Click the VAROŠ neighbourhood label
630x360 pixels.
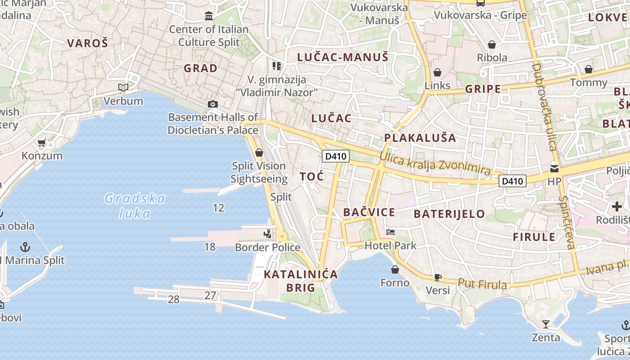click(x=88, y=43)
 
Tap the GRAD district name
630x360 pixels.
click(x=201, y=68)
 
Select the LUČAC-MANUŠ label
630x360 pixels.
click(x=342, y=57)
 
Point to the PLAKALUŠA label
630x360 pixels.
click(x=420, y=138)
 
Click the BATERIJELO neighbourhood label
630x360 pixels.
click(x=449, y=214)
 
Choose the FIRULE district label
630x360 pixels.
click(x=534, y=237)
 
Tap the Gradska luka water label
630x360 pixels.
click(x=135, y=205)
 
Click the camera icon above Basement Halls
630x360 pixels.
click(x=213, y=104)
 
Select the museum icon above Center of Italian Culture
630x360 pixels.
click(x=209, y=16)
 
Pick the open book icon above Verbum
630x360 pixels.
click(x=123, y=87)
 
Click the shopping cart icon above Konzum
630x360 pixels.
click(x=42, y=143)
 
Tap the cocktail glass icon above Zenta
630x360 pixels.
click(x=546, y=324)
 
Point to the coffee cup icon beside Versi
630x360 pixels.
click(x=437, y=277)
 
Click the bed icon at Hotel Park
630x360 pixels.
click(x=391, y=232)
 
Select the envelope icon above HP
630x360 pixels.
click(x=554, y=169)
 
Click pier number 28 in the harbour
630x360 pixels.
click(x=174, y=299)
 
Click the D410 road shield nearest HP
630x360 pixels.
click(x=513, y=181)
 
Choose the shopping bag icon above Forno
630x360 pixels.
click(x=395, y=270)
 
